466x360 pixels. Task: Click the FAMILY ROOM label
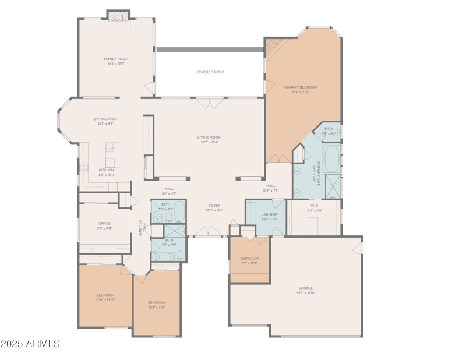click(x=116, y=59)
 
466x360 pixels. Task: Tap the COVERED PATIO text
click(x=210, y=72)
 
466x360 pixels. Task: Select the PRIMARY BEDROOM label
click(x=300, y=87)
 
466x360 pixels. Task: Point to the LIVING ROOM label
click(x=210, y=137)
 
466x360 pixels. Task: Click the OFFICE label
click(x=104, y=223)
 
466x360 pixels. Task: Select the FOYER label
click(x=215, y=206)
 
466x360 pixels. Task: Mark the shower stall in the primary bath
click(x=332, y=186)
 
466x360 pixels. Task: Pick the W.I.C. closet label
click(x=315, y=206)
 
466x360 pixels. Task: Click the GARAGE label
click(x=306, y=288)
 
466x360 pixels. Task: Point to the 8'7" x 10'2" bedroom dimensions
click(x=249, y=263)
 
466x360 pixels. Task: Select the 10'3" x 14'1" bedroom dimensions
click(x=157, y=308)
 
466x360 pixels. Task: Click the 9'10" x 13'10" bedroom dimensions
click(x=105, y=299)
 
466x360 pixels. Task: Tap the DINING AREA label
click(x=105, y=119)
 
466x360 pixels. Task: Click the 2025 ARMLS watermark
click(x=30, y=344)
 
